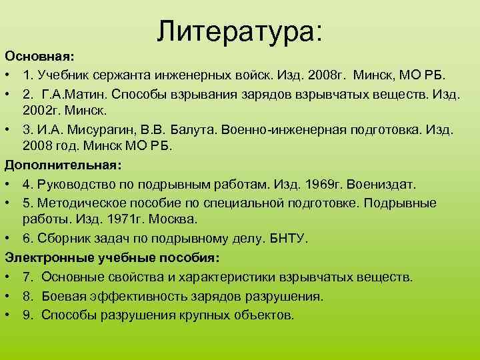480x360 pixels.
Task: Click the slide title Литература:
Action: coord(240,32)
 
